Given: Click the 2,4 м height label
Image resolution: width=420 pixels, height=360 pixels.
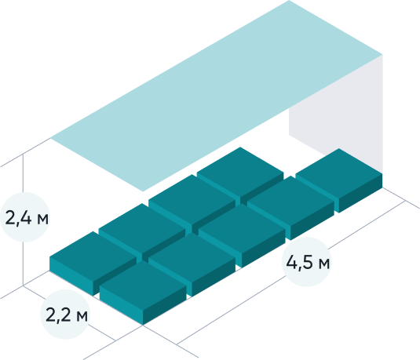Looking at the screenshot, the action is pos(27,217).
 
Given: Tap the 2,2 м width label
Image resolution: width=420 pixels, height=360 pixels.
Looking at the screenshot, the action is pos(67,315).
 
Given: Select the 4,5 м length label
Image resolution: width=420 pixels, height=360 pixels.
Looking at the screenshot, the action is pos(308,262).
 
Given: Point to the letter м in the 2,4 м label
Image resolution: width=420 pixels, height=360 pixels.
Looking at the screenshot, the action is pos(42,220).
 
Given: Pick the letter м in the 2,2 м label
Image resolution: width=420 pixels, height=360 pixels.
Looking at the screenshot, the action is pos(82,317).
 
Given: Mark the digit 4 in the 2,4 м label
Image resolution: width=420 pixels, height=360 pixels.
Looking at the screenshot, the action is pos(26,217).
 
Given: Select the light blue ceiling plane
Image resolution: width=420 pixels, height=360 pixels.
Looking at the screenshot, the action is pos(217,96).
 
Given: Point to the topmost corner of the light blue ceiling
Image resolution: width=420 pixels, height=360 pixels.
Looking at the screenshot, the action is pos(289,0).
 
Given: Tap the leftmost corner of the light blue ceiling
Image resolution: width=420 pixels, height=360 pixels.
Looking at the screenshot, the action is pos(50,138).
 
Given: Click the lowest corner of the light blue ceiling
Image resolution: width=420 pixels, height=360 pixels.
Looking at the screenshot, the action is pos(143,191).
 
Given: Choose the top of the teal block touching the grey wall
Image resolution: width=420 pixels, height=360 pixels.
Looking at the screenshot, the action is pos(339,173).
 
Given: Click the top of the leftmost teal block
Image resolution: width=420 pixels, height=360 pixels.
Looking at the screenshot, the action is pos(93,256).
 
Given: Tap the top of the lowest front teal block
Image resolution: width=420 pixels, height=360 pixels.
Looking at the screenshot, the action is pos(143,285).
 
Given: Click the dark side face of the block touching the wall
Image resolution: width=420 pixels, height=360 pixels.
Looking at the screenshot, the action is pos(361,193).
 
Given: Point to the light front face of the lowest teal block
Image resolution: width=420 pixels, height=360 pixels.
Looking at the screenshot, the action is pos(122,304).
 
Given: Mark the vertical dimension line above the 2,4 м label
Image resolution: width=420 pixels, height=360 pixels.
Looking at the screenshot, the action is pos(23,173).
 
